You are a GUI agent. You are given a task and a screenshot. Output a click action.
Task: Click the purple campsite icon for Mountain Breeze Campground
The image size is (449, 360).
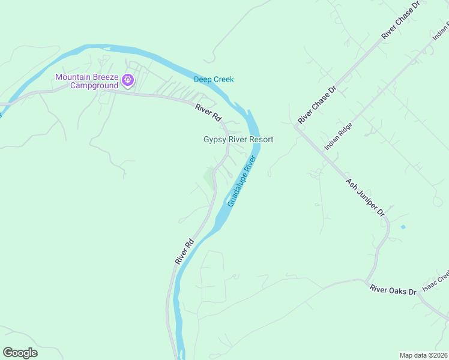coord(127,79)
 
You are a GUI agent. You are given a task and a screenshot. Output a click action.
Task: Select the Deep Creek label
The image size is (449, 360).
coord(213,79)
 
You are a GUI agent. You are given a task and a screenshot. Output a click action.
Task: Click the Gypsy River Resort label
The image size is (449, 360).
coord(238,140)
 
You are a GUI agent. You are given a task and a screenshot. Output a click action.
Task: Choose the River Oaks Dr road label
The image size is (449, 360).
coord(393,290)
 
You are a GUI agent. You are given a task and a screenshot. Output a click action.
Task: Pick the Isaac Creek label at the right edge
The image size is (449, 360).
coord(436,280)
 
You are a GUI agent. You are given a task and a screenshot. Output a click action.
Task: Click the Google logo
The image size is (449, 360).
coord(20,353)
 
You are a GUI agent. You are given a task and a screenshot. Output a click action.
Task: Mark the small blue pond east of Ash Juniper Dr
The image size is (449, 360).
coord(402,227)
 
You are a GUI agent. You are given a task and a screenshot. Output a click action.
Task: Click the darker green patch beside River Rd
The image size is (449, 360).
coord(208,177)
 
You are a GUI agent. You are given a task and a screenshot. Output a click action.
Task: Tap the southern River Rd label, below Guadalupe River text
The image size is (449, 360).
coord(185,251)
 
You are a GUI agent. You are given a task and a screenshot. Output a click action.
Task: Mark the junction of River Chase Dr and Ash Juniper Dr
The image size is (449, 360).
coord(296,127)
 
